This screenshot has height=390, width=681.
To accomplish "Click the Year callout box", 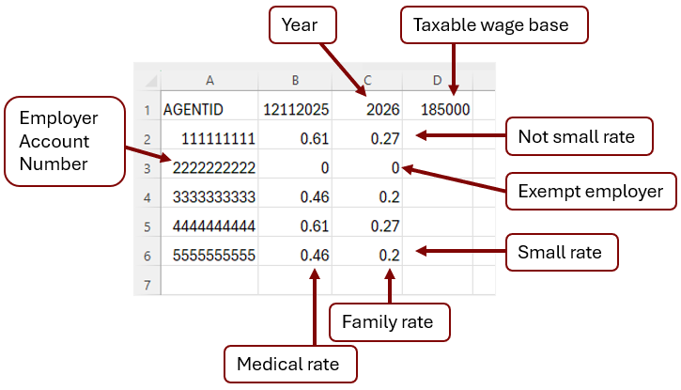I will pyautogui.click(x=302, y=24).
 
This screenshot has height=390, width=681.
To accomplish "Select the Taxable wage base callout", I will pyautogui.click(x=495, y=24).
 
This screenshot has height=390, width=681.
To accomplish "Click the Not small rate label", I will pyautogui.click(x=576, y=136).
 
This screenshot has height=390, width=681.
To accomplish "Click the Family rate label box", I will pyautogui.click(x=388, y=321).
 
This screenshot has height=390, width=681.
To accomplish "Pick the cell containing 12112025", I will pyautogui.click(x=295, y=110).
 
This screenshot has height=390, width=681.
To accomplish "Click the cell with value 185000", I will pyautogui.click(x=437, y=110).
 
